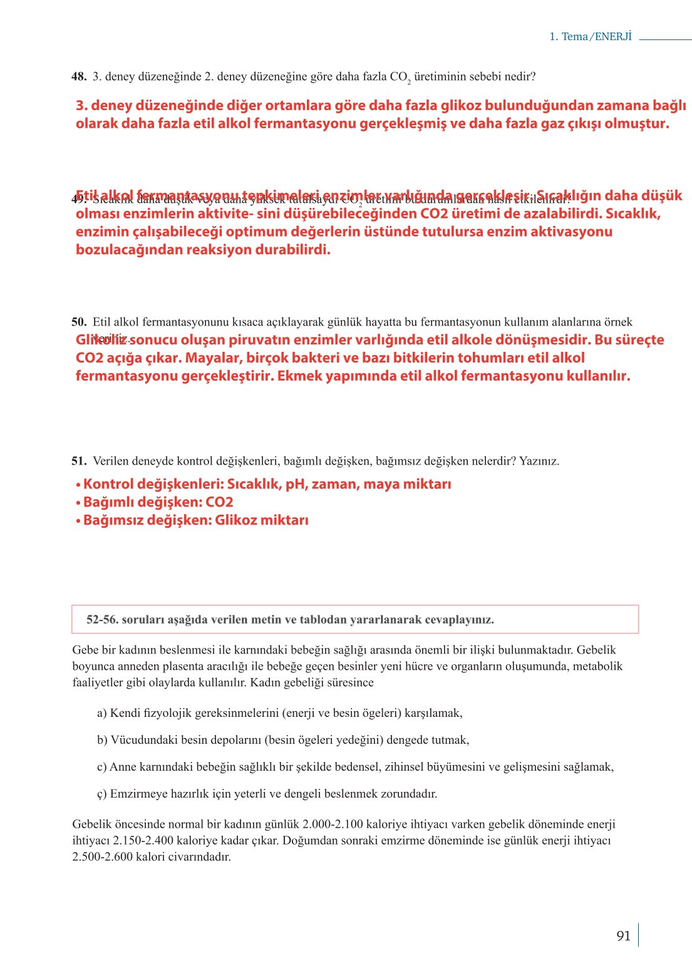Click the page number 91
(x=623, y=936)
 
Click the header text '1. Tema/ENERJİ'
(x=591, y=36)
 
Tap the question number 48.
(x=79, y=76)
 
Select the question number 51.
(x=79, y=461)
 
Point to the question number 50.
(x=79, y=322)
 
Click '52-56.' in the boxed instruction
(x=102, y=620)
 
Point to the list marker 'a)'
(x=102, y=713)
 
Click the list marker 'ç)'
(x=102, y=794)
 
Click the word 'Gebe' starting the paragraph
(x=85, y=650)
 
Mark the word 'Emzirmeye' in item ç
(x=137, y=794)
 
